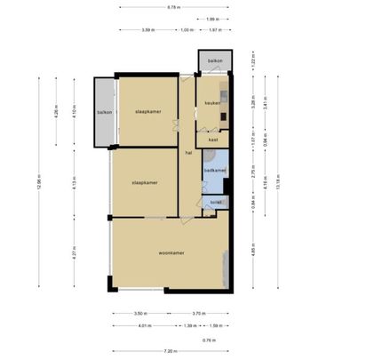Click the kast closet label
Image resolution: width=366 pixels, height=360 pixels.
[213, 140]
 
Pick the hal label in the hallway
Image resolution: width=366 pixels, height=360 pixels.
[188, 154]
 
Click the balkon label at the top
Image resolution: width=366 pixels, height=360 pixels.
[214, 60]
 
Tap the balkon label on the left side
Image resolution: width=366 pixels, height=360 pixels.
[104, 113]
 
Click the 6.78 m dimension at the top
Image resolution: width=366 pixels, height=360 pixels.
[174, 7]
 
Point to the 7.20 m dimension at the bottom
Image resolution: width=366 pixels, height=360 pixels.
[171, 351]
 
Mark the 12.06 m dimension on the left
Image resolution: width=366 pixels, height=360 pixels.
[39, 182]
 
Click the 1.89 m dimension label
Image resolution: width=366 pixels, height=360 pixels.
[212, 19]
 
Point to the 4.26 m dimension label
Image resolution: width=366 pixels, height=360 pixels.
[56, 113]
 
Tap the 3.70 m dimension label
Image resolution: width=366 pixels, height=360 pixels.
[199, 314]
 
